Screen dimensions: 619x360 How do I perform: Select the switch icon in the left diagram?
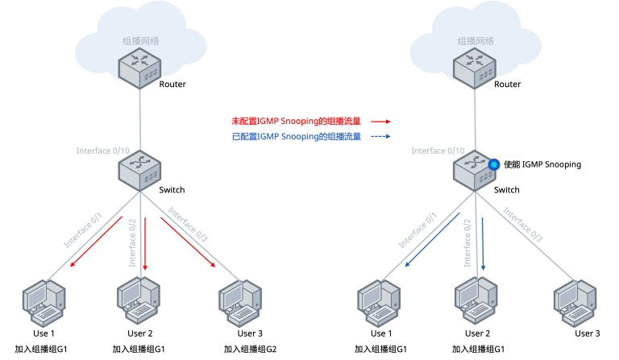pos(139,171)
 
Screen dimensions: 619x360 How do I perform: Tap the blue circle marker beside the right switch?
pos(493,164)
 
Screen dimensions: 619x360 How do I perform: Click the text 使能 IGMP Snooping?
pos(542,164)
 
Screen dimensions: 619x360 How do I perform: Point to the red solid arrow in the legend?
pos(380,122)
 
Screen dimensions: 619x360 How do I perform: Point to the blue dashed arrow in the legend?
pos(380,136)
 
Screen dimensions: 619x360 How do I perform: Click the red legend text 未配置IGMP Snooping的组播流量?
pos(296,121)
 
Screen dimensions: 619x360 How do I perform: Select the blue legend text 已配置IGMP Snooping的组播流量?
pos(297,136)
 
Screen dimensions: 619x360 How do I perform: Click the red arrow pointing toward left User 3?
pos(188,242)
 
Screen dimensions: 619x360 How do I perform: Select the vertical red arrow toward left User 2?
pos(145,244)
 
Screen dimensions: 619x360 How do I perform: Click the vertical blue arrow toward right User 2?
pos(483,244)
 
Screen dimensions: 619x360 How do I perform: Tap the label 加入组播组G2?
pos(251,349)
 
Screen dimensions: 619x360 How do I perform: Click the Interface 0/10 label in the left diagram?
pos(103,151)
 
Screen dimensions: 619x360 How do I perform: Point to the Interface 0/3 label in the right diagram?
pos(522,225)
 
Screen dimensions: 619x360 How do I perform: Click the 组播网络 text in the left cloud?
pos(140,41)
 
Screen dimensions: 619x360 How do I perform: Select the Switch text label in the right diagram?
pos(507,189)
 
